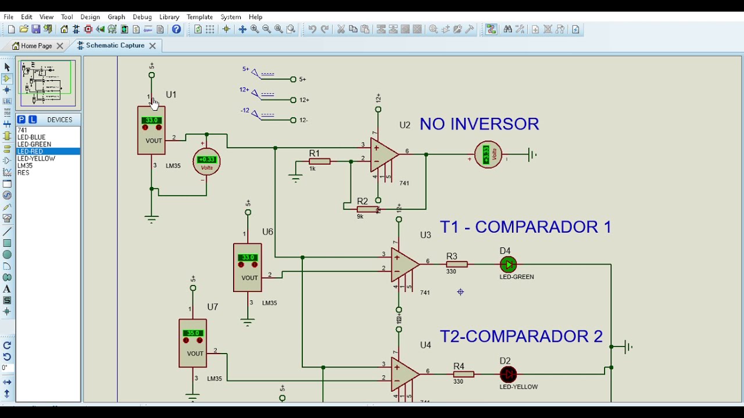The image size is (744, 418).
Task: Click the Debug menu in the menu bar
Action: [142, 17]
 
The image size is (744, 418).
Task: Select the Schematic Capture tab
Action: [115, 45]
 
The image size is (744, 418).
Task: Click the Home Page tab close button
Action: [60, 46]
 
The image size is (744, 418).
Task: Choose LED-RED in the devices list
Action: [30, 152]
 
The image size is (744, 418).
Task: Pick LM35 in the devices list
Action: [25, 165]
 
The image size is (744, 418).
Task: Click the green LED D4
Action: [508, 265]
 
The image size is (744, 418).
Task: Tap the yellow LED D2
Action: [508, 374]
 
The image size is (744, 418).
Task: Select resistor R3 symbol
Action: [457, 265]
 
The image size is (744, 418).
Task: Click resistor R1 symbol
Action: [319, 161]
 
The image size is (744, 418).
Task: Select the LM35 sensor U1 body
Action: [151, 131]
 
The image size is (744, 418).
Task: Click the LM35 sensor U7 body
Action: [192, 343]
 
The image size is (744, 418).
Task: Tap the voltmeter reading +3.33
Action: [488, 155]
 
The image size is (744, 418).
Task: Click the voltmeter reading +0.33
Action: [206, 162]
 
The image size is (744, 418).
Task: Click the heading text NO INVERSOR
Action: [479, 124]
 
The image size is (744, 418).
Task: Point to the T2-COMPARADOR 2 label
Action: [521, 336]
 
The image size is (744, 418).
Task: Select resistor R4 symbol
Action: [463, 374]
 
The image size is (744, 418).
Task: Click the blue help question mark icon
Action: [177, 29]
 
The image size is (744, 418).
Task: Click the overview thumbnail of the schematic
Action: [47, 84]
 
